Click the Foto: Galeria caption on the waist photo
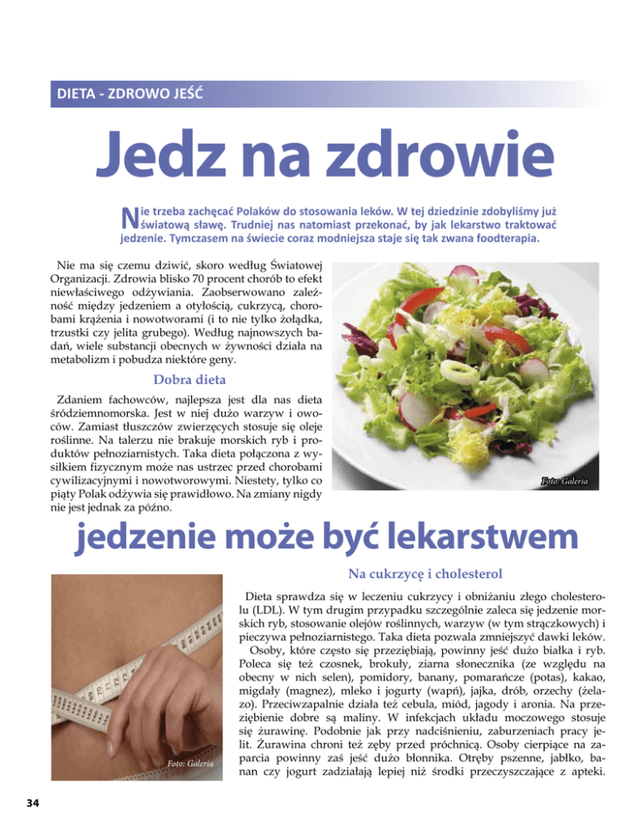pyautogui.click(x=189, y=764)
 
